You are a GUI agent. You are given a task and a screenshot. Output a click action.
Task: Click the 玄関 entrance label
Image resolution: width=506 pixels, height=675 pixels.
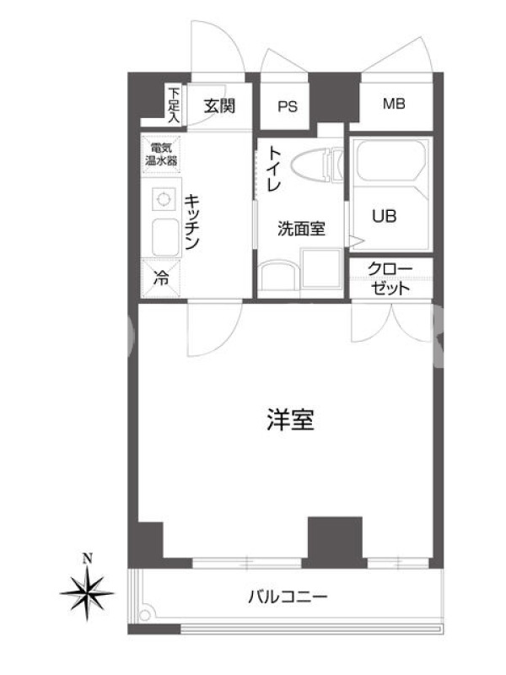(220, 105)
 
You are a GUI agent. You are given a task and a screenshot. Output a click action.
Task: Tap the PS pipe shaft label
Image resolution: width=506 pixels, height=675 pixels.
(287, 106)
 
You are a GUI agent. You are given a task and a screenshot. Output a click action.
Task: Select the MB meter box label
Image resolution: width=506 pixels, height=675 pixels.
(394, 104)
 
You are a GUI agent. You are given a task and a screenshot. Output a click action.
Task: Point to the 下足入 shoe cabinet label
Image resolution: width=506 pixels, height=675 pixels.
(174, 105)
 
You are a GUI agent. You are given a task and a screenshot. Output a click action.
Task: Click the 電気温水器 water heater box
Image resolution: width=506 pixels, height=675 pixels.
(161, 154)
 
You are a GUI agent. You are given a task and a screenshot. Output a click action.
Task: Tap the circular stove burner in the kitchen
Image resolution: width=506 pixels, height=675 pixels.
(164, 199)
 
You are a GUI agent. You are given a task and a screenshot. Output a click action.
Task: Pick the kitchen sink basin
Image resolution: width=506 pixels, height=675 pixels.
(166, 238)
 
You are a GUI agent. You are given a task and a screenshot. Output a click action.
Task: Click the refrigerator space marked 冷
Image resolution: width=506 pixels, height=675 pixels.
(161, 278)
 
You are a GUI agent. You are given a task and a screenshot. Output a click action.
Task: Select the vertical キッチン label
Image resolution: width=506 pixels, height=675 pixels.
(192, 222)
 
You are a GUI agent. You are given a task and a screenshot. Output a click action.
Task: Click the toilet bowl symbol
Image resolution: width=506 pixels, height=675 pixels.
(317, 165)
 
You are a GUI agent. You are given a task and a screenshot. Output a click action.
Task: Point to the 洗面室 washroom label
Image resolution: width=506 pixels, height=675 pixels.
(301, 229)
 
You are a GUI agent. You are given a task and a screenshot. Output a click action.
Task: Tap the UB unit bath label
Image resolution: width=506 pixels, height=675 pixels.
(385, 216)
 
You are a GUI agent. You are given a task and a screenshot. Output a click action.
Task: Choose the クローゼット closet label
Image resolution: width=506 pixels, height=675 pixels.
(390, 278)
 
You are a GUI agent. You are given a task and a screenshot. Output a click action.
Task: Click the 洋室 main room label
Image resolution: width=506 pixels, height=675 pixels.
(290, 419)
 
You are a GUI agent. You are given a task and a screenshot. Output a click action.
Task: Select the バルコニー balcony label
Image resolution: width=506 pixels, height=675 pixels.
(288, 597)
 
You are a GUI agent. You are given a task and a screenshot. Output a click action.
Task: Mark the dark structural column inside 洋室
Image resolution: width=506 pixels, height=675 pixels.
(335, 542)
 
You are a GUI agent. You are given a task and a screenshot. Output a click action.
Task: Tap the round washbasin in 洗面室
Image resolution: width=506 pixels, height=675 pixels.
(279, 277)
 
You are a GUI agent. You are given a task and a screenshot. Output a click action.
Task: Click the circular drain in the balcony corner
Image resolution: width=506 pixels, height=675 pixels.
(145, 615)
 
